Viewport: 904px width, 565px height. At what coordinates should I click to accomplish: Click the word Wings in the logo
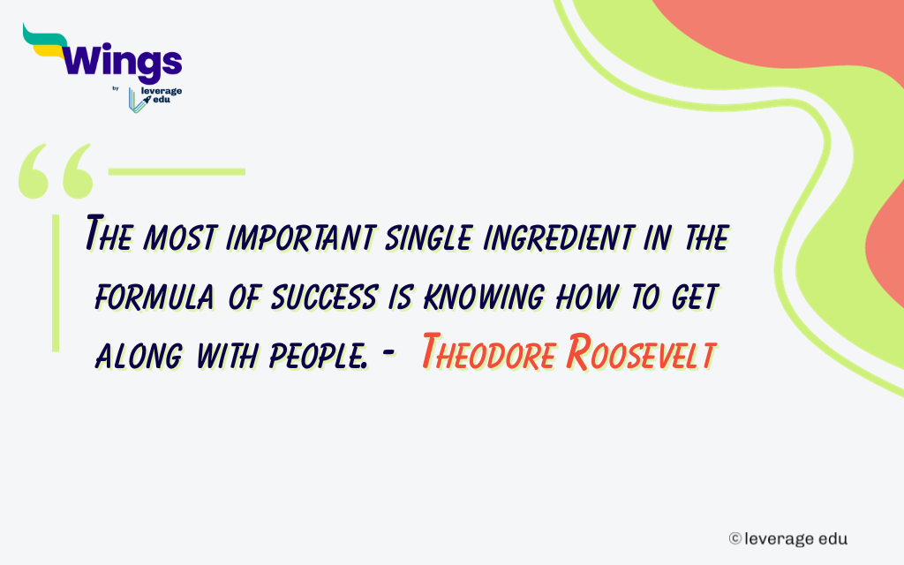tap(124, 62)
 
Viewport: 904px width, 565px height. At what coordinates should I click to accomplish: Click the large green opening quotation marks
tap(55, 171)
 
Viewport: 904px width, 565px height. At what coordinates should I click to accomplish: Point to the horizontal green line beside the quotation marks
tap(177, 170)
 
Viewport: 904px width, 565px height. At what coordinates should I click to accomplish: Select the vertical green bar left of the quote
tap(56, 282)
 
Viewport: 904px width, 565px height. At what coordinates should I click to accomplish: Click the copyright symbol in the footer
tap(734, 538)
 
